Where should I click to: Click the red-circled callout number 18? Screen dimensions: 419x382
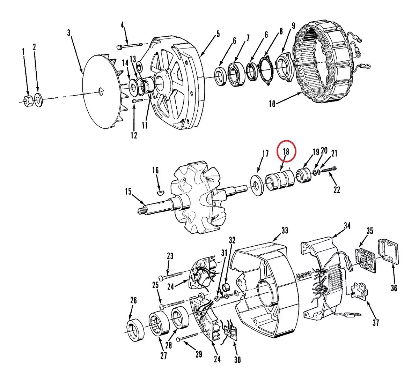(286, 151)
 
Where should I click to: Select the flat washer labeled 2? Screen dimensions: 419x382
(38, 100)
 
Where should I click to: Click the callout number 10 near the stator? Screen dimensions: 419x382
(272, 104)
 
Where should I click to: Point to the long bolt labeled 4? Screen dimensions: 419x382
(130, 46)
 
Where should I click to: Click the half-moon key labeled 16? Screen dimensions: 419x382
(161, 192)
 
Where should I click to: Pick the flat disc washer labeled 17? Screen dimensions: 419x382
(257, 185)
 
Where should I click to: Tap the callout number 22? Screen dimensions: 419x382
(337, 189)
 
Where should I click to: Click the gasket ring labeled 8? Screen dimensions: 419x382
(265, 71)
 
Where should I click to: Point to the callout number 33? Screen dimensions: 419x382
(285, 231)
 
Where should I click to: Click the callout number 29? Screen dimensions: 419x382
(198, 354)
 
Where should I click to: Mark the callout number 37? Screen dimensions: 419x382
(376, 323)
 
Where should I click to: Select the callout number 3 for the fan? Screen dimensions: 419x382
(69, 33)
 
